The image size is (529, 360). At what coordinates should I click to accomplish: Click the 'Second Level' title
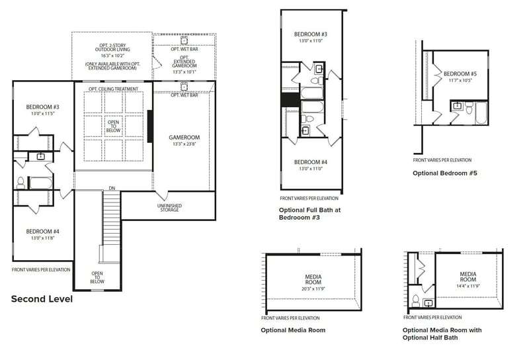[x=42, y=299]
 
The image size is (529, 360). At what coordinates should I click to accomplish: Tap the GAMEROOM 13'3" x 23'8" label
[x=184, y=141]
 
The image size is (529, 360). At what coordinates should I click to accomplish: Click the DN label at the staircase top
[x=113, y=189]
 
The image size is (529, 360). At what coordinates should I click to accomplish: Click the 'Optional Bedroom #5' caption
[x=444, y=173]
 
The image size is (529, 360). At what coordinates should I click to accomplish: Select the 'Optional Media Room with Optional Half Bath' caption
[x=442, y=334]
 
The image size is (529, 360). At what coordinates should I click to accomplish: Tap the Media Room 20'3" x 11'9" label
[x=313, y=282]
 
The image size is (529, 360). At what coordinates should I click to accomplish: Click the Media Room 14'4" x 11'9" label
[x=468, y=278]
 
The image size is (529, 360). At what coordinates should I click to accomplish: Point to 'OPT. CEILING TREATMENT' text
[x=113, y=89]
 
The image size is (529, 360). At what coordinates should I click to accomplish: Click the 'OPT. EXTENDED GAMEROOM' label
[x=184, y=60]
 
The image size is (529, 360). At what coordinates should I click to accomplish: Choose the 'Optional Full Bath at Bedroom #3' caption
[x=309, y=213]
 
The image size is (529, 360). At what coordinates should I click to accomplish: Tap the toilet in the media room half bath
[x=415, y=300]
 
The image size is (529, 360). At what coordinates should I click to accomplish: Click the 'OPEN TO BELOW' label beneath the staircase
[x=97, y=277]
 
